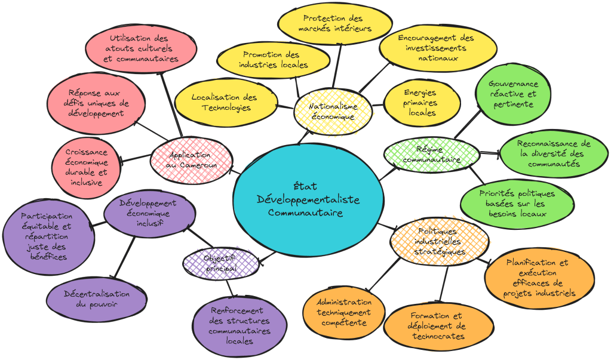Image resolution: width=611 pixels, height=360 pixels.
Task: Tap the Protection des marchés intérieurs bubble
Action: click(334, 23)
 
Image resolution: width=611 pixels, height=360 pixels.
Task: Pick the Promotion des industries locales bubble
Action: click(274, 60)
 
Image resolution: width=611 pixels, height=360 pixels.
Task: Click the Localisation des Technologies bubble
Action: click(225, 102)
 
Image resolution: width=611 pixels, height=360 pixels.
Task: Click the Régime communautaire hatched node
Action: click(431, 154)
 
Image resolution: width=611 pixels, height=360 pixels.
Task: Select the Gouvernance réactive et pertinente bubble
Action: click(512, 94)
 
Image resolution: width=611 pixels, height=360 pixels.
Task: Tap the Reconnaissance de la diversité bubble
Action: click(545, 154)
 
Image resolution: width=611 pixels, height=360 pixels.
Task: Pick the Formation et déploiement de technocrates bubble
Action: click(437, 325)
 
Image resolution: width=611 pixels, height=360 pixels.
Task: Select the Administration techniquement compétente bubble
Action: click(343, 312)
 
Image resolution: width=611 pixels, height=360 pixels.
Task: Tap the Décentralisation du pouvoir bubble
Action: click(97, 299)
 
